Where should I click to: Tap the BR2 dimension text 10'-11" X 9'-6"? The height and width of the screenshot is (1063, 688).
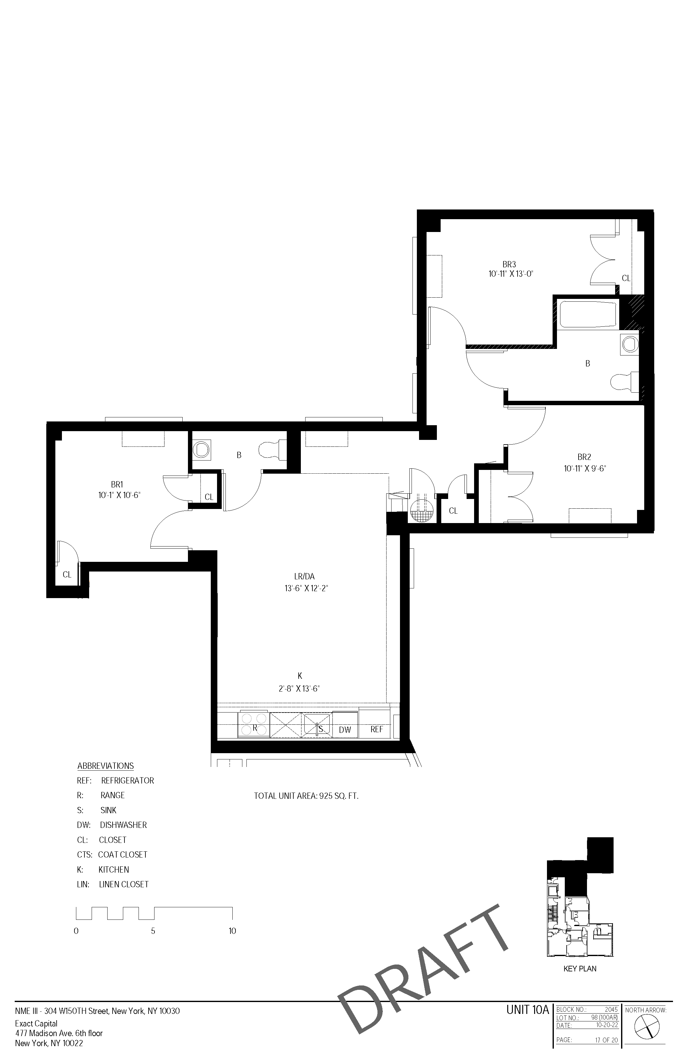pos(584,469)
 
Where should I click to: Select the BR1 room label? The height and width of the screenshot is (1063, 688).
pos(117,484)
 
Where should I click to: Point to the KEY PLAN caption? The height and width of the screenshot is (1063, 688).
pos(580,969)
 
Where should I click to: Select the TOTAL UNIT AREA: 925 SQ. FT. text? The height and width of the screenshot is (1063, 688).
pos(306,796)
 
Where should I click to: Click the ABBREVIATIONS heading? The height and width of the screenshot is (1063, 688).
pos(105,766)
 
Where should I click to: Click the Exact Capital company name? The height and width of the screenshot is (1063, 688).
pos(36,1023)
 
